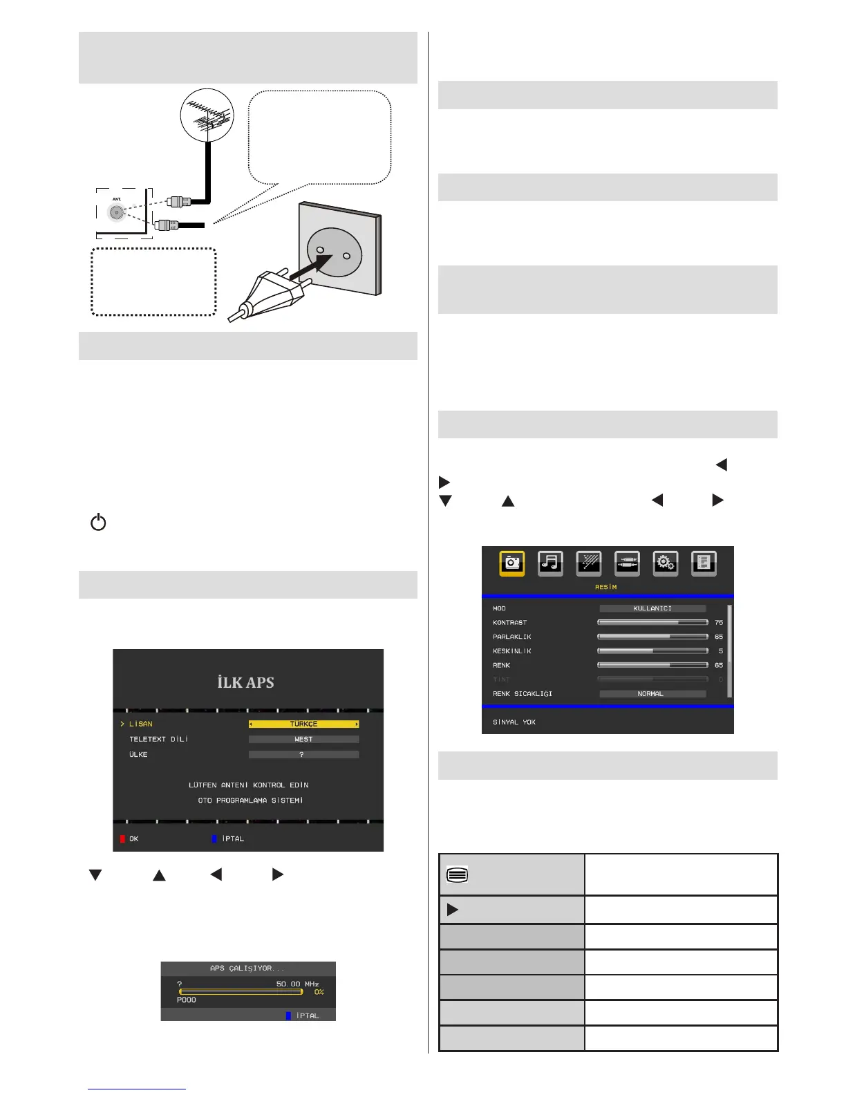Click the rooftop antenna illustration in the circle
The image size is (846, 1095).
pos(207,115)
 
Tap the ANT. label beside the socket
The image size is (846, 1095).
pos(117,199)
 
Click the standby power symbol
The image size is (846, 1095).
pos(98,522)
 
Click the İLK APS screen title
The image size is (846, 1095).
pos(246,682)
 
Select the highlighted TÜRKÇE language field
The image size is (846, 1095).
pos(303,724)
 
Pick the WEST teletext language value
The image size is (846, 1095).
pos(303,739)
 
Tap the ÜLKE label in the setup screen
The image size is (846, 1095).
pos(138,754)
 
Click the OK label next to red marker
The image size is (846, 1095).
pos(133,839)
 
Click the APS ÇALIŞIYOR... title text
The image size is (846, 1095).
pos(247,968)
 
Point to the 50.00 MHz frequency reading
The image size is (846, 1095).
pos(297,983)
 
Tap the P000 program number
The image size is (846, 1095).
pos(187,1000)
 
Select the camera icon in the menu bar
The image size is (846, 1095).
pos(512,563)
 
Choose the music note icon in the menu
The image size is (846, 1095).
pos(550,563)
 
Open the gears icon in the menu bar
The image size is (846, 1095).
pos(665,563)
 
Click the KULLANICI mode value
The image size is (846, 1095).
pos(652,608)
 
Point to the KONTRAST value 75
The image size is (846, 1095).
pos(719,623)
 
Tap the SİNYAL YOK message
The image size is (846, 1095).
pos(514,722)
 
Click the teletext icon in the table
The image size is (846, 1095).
pos(458,874)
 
